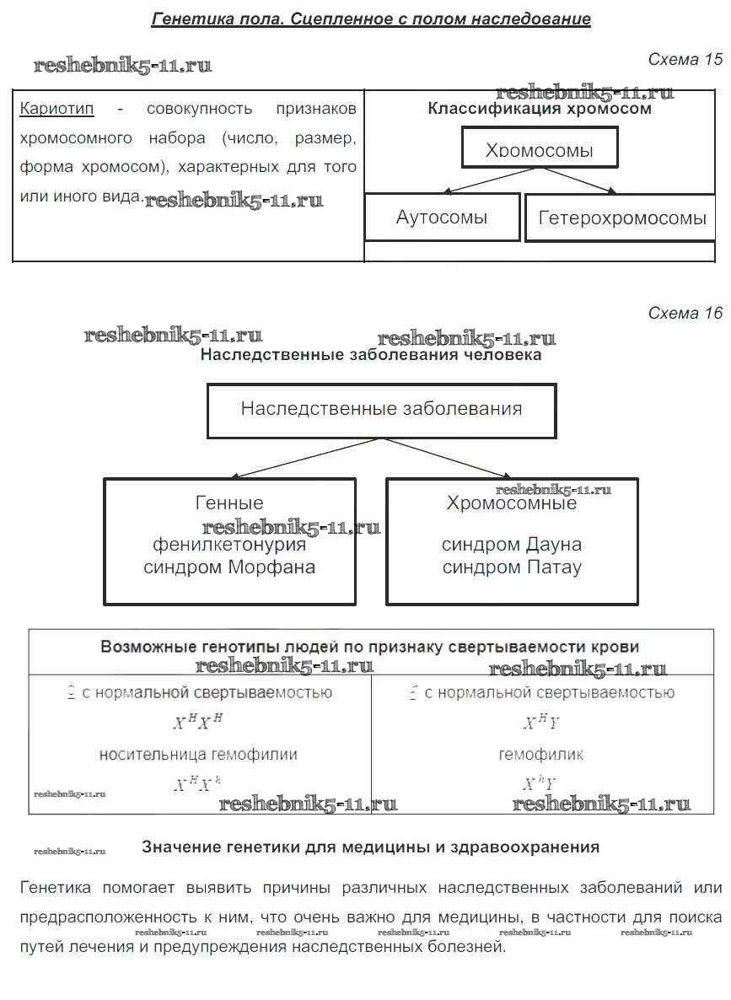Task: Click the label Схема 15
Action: click(x=685, y=60)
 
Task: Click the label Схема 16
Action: click(x=685, y=313)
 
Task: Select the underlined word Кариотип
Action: click(x=56, y=109)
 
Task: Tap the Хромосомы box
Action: click(x=540, y=148)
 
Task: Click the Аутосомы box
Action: click(x=442, y=218)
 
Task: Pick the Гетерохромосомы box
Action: click(x=621, y=218)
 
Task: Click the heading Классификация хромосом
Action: click(x=540, y=109)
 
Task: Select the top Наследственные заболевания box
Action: click(x=381, y=410)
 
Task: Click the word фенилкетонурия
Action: click(x=229, y=545)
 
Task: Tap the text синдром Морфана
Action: click(x=229, y=567)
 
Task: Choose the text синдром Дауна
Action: click(x=512, y=545)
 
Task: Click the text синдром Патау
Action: click(x=512, y=567)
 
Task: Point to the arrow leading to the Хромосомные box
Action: click(x=447, y=458)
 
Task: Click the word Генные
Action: click(x=229, y=503)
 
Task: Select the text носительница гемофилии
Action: click(x=198, y=755)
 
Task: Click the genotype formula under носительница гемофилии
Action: click(x=198, y=784)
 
